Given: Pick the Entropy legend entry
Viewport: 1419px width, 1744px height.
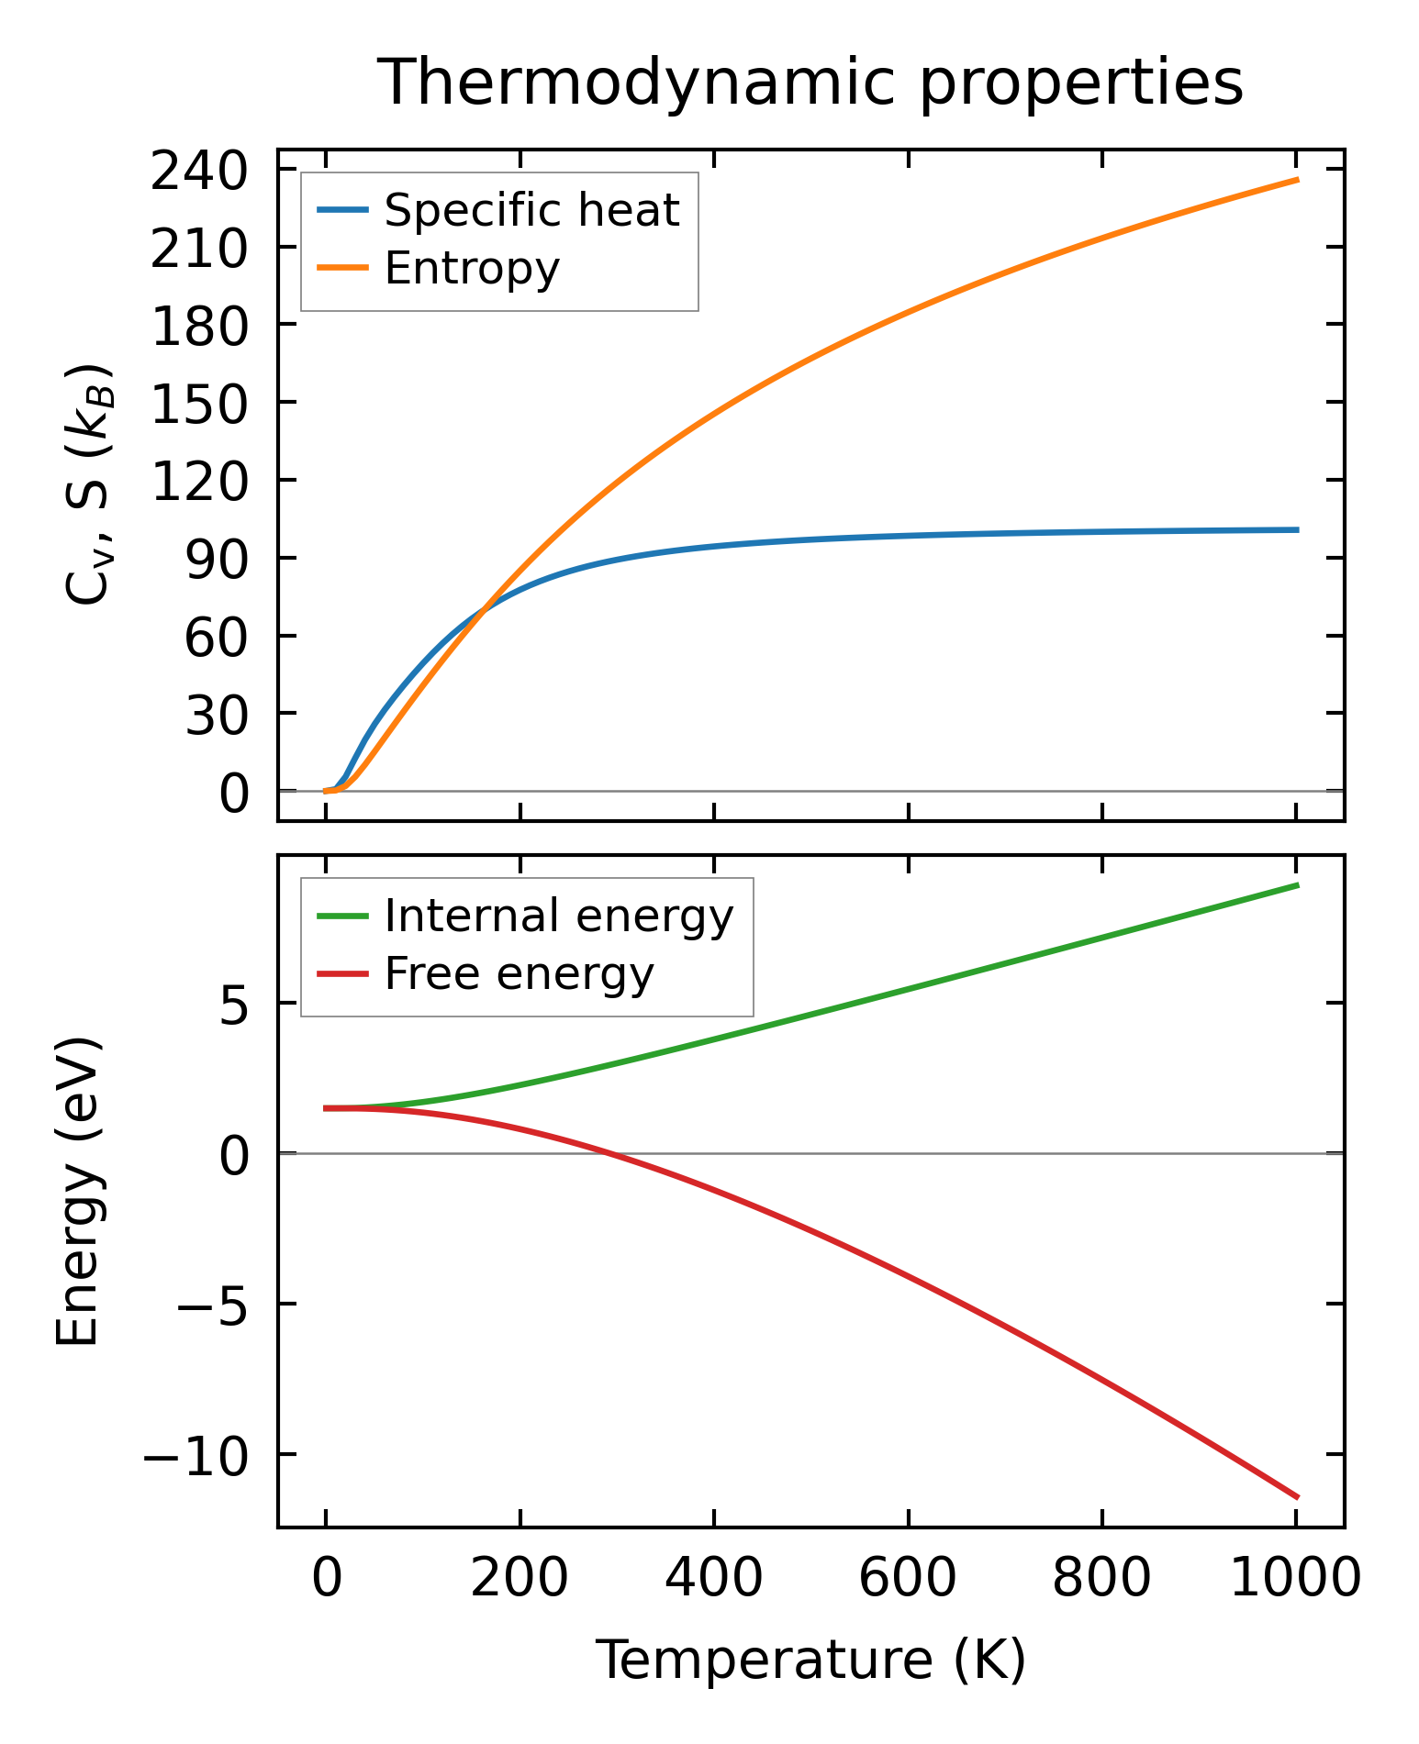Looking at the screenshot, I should (x=472, y=269).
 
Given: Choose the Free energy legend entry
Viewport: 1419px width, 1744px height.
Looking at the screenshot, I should (x=519, y=974).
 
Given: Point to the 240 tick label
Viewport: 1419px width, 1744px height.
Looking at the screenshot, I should (x=199, y=171).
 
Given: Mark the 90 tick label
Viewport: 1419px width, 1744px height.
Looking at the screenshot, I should (x=217, y=559).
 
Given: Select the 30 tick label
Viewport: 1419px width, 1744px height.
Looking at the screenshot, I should (x=217, y=715).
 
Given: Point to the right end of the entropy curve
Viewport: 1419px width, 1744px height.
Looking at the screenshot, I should (x=1297, y=180).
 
